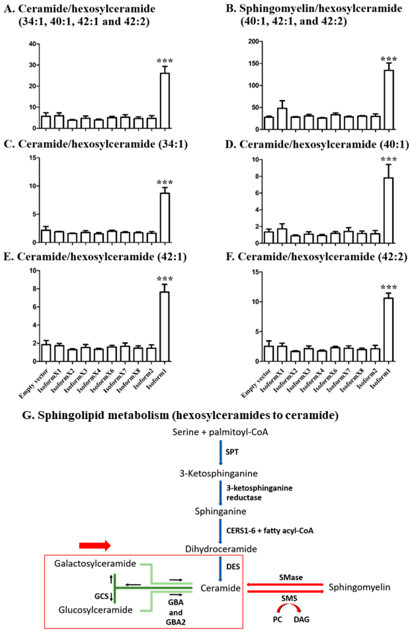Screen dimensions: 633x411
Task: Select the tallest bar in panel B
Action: [389, 100]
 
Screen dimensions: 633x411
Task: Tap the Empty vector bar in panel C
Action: [46, 236]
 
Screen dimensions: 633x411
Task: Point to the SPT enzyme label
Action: [232, 452]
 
